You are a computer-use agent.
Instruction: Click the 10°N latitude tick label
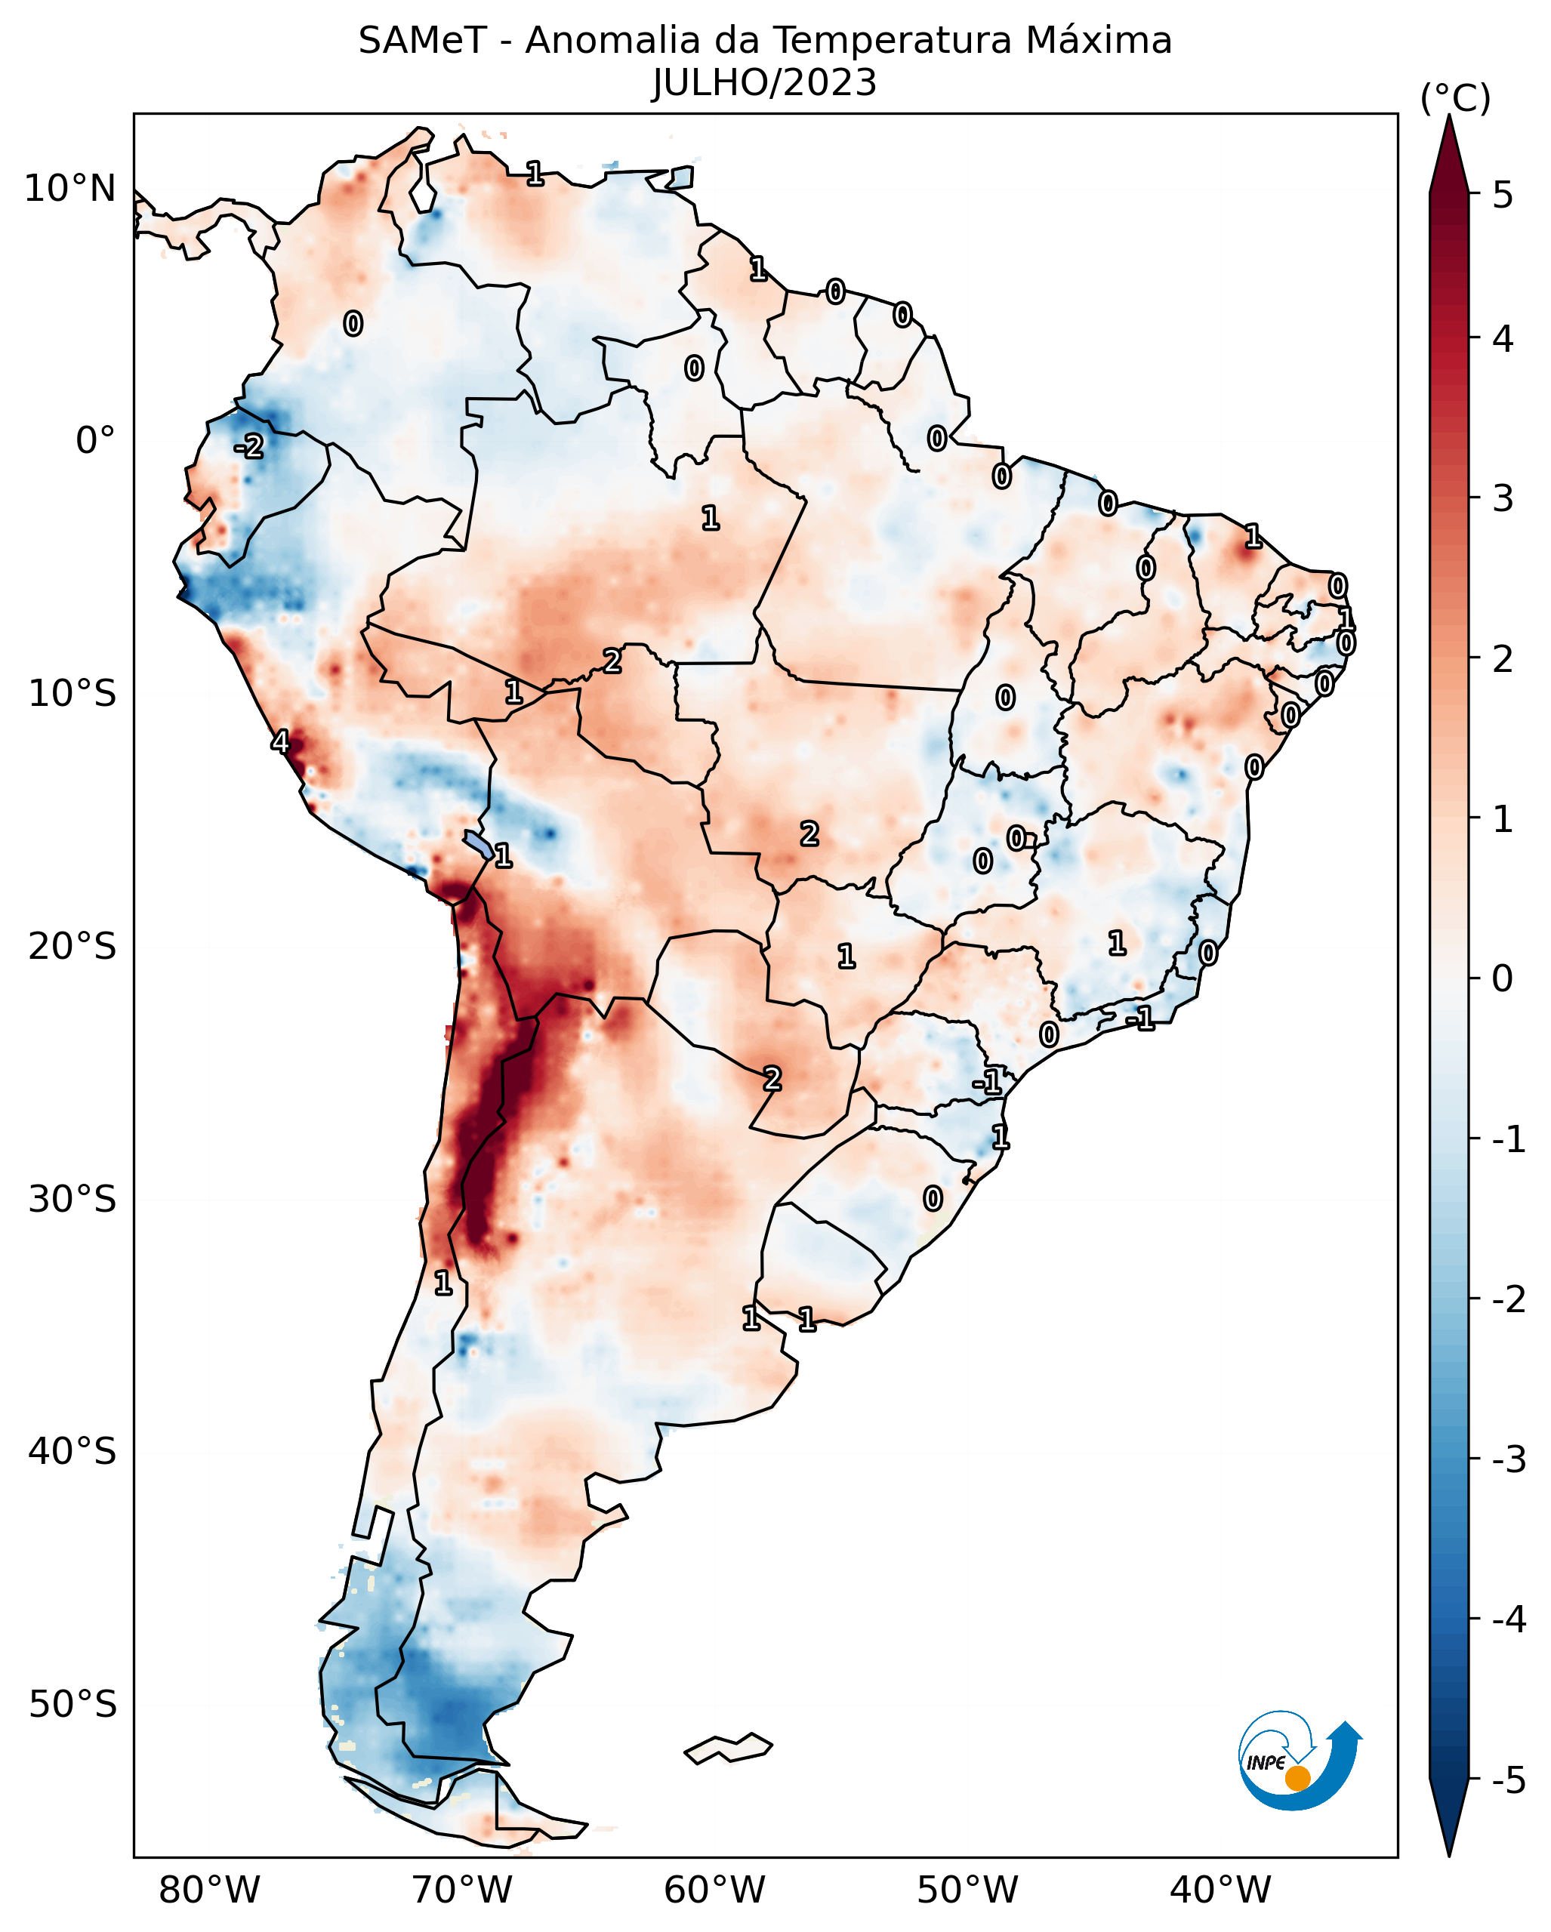(x=70, y=189)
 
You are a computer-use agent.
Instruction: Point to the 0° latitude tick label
(x=95, y=441)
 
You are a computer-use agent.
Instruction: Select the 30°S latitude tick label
(x=72, y=1199)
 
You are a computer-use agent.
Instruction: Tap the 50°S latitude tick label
(x=72, y=1705)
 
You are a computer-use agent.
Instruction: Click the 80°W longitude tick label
(x=208, y=1890)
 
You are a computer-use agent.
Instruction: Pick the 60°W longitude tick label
(x=714, y=1890)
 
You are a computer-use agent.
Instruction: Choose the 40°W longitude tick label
(x=1220, y=1890)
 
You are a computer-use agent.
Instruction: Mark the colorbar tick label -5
(x=1508, y=1780)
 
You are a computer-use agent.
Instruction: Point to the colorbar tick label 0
(x=1503, y=978)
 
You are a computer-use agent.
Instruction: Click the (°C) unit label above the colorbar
(x=1455, y=99)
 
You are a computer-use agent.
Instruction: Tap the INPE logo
(x=1300, y=1761)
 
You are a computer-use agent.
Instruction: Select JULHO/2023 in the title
(x=764, y=83)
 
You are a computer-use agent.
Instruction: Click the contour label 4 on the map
(x=280, y=742)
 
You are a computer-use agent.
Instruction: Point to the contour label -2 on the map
(x=250, y=446)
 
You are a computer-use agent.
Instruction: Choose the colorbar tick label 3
(x=1503, y=498)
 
